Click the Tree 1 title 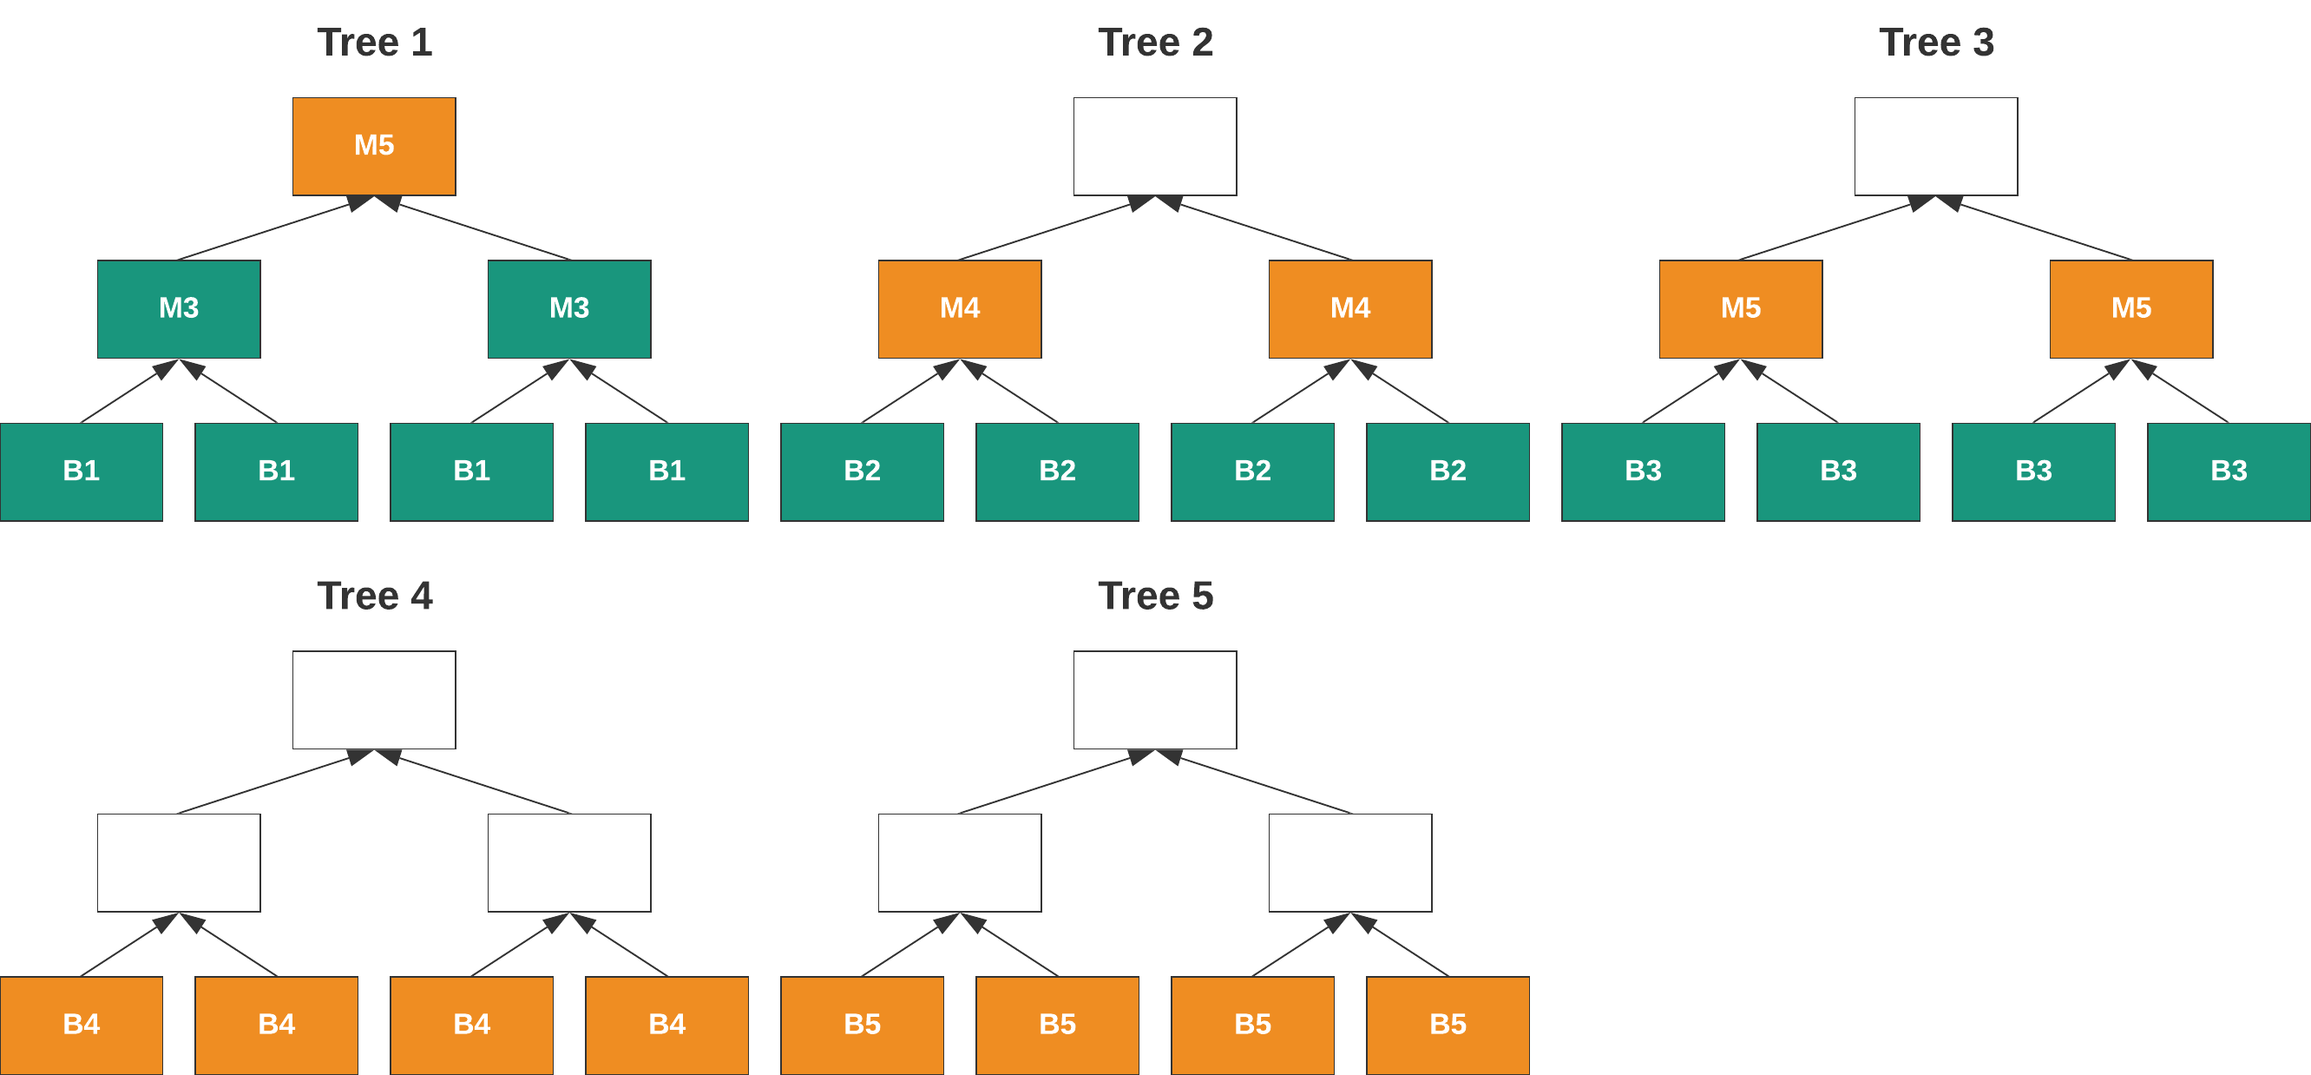point(374,43)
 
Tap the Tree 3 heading point(1936,43)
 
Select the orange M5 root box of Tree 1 point(374,146)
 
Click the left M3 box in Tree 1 point(179,308)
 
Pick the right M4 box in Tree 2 point(1349,308)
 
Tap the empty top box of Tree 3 point(1936,146)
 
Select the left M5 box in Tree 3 point(1741,308)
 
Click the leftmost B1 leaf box point(81,472)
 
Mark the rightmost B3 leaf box point(2229,472)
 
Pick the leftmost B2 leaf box point(861,472)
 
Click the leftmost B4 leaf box point(81,1025)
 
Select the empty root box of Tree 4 point(374,700)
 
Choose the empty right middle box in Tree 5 point(1349,862)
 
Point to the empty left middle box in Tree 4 point(179,862)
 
